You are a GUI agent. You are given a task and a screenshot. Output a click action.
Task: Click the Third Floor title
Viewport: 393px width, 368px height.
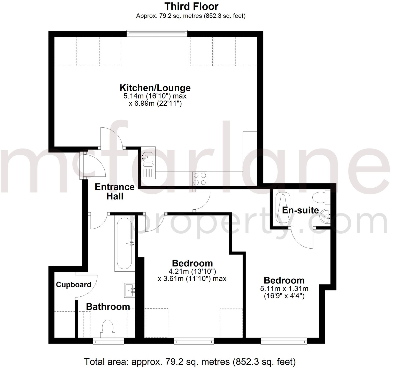coord(191,6)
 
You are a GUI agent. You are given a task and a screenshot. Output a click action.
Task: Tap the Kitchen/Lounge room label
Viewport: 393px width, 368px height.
coord(155,88)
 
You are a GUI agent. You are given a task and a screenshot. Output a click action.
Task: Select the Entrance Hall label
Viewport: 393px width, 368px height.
coord(115,191)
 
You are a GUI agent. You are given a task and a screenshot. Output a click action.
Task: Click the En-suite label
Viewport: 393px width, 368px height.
coord(300,210)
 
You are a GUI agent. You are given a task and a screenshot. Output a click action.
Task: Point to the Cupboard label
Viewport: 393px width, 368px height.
coord(74,285)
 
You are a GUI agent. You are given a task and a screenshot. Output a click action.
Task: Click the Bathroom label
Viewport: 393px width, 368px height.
coord(108,306)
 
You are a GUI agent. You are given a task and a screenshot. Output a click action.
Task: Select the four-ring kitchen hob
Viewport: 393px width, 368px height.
coord(200,179)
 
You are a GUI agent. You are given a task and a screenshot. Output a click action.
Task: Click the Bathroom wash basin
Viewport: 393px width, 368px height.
coord(129,290)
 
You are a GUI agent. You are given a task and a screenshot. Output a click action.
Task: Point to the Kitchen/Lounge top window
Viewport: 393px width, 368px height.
coord(157,32)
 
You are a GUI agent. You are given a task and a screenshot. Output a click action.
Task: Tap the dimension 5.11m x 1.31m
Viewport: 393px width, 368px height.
coord(284,288)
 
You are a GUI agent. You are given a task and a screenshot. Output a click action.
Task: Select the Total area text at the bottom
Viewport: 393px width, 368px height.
coord(190,361)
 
